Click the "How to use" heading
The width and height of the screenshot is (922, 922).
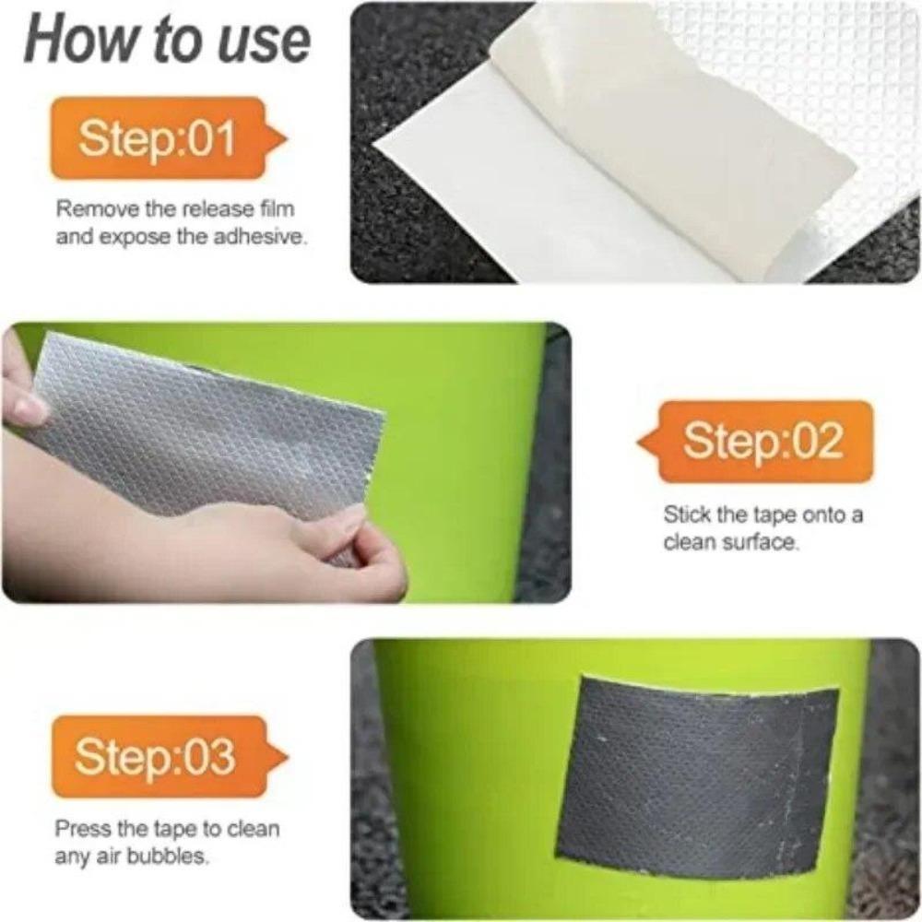[x=167, y=41]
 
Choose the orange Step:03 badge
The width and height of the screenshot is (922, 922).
[x=157, y=756]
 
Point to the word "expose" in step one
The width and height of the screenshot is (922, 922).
[x=133, y=236]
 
